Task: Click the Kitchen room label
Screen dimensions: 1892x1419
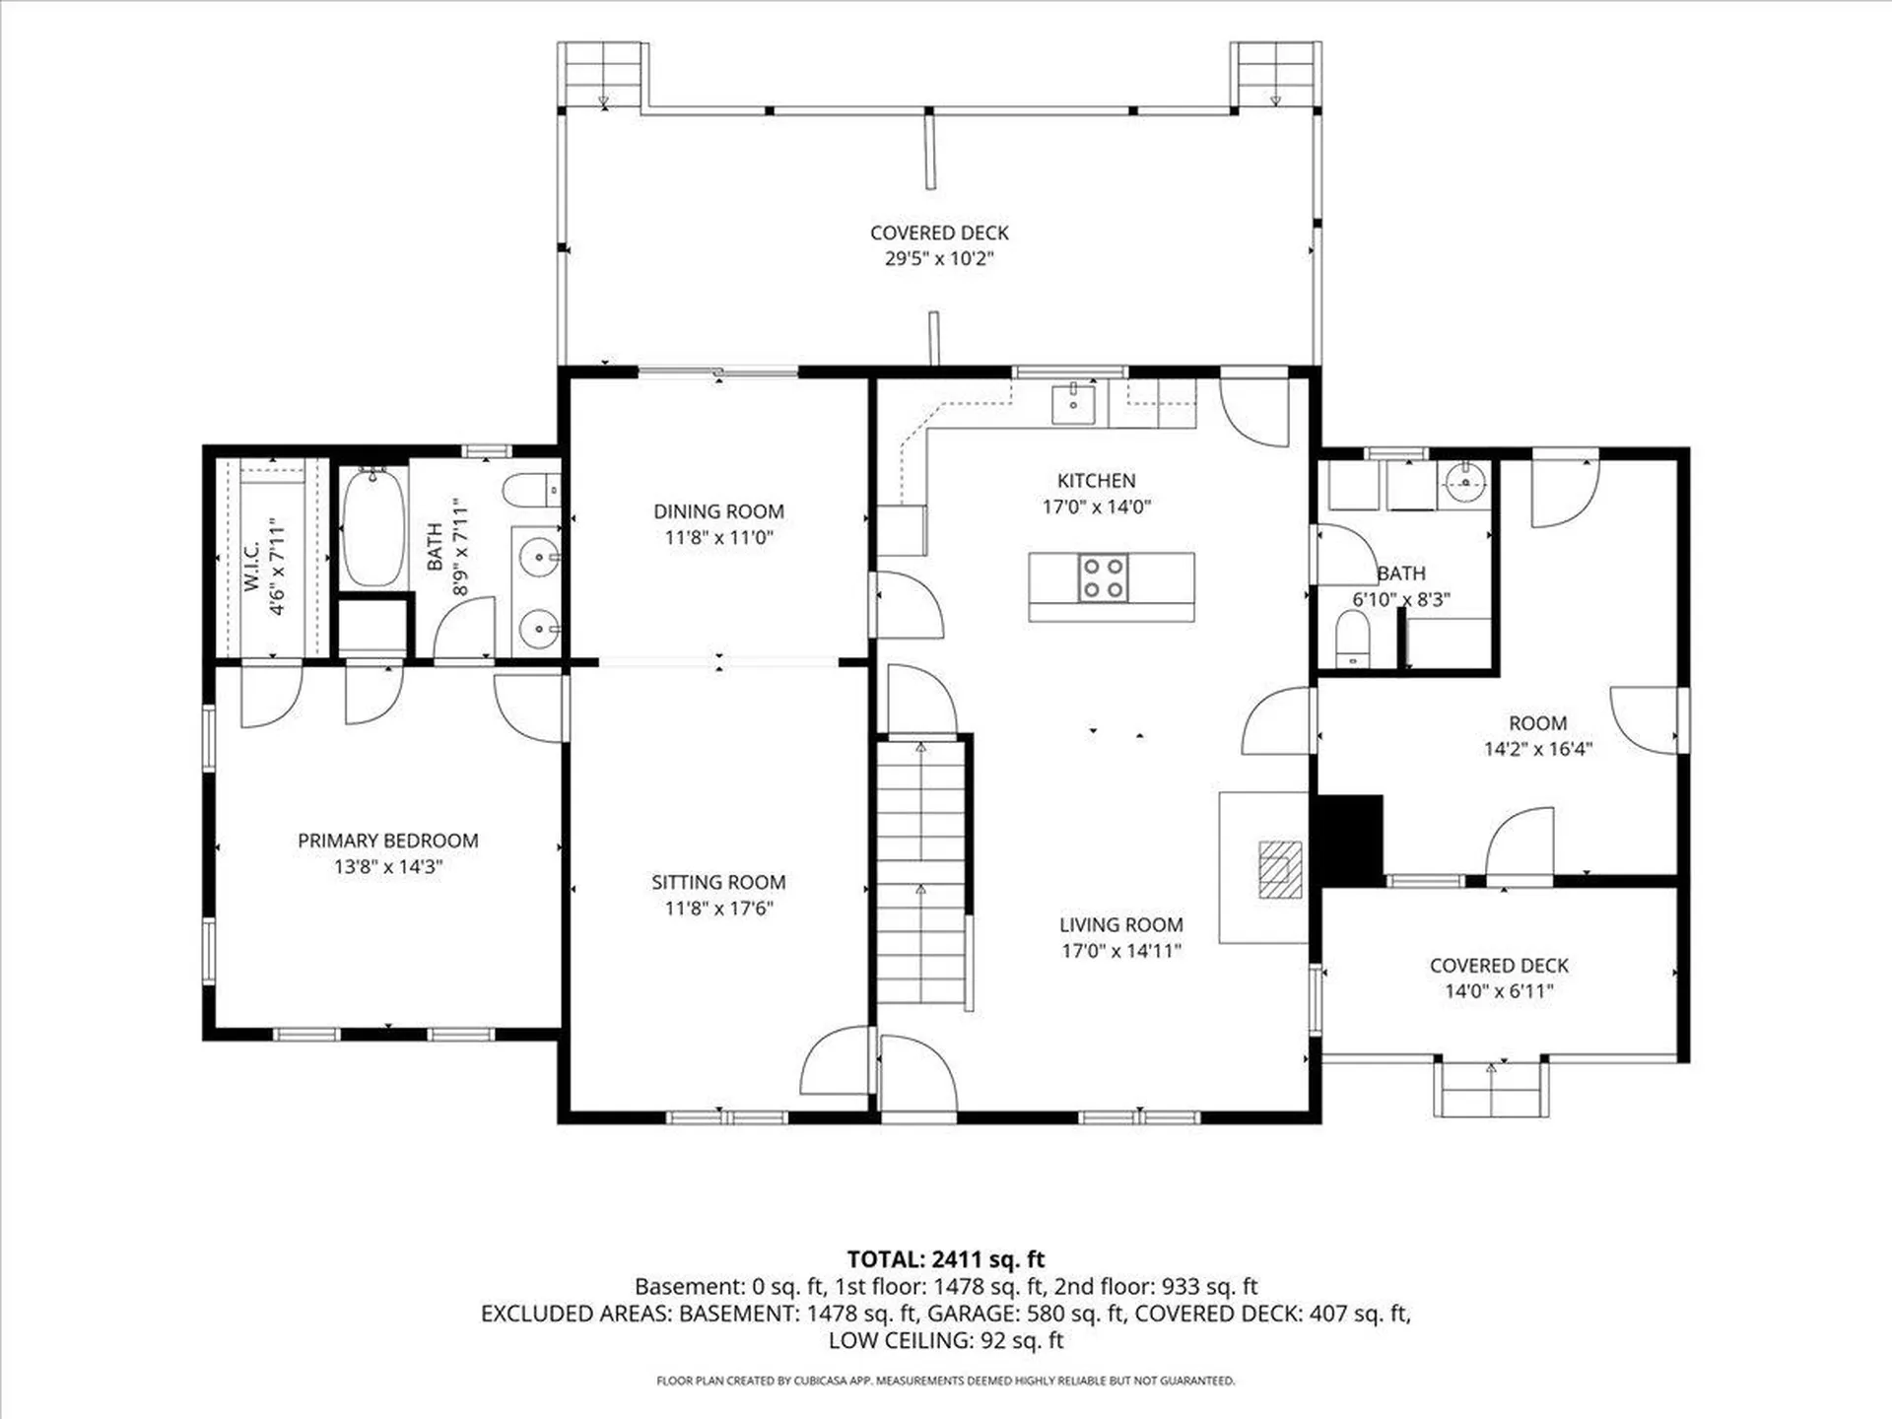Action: click(x=1096, y=481)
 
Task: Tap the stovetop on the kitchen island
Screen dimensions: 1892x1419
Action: click(x=1103, y=577)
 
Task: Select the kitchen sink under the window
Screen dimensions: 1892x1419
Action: click(x=1073, y=404)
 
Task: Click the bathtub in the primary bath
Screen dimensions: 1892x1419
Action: click(x=373, y=529)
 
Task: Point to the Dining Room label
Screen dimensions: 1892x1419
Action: click(x=718, y=511)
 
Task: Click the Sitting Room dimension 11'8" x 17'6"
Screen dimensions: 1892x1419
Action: click(x=718, y=908)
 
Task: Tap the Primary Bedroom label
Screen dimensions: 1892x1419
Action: click(x=388, y=841)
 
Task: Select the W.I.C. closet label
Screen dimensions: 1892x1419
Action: click(x=252, y=567)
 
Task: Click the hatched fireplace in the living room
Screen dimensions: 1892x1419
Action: click(x=1280, y=869)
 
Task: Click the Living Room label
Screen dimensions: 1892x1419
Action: click(x=1121, y=925)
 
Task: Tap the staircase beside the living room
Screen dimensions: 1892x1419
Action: click(x=921, y=871)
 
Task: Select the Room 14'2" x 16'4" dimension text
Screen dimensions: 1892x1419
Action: click(x=1538, y=749)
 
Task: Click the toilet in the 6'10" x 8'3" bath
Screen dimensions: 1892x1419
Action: click(x=1353, y=639)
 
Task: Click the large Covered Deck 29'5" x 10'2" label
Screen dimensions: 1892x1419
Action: click(x=939, y=245)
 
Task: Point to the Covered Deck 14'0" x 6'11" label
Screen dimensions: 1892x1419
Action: click(x=1499, y=979)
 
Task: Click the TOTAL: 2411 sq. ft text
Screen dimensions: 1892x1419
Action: click(x=946, y=1259)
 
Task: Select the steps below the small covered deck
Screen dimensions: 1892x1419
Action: click(x=1491, y=1089)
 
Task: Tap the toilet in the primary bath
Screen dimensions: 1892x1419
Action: click(x=532, y=489)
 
